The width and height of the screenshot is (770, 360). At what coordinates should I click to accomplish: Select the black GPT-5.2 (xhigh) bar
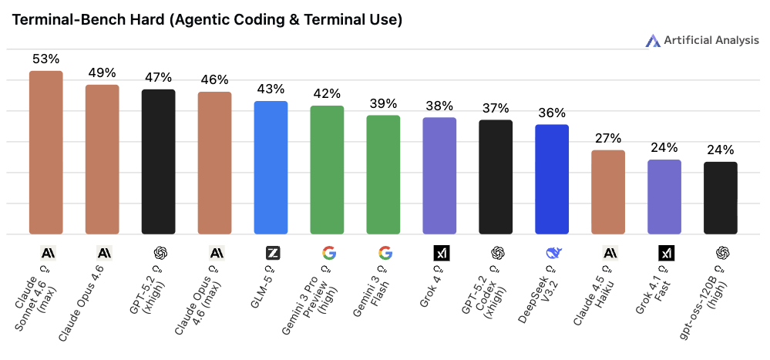[x=159, y=162]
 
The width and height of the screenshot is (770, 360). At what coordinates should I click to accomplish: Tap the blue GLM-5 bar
[x=271, y=167]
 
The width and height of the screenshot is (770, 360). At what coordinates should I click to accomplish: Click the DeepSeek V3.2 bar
[x=552, y=179]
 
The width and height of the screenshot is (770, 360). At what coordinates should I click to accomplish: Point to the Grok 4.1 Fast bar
[x=664, y=197]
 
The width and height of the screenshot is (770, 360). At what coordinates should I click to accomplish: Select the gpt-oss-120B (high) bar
[x=721, y=198]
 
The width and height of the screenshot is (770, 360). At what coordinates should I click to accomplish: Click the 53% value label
[x=46, y=59]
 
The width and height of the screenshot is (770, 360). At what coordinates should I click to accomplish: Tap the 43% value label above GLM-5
[x=271, y=89]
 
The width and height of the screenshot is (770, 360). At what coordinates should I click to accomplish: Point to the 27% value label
[x=608, y=139]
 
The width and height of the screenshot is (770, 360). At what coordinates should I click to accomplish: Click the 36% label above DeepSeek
[x=552, y=113]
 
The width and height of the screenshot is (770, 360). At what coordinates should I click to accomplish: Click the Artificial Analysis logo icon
[x=653, y=41]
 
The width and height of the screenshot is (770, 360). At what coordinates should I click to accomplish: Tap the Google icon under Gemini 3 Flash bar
[x=384, y=253]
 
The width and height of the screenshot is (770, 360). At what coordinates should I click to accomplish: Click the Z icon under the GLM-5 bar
[x=271, y=253]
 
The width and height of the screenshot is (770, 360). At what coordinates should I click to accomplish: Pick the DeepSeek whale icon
[x=552, y=253]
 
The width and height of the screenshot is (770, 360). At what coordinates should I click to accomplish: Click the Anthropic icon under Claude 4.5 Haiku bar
[x=608, y=253]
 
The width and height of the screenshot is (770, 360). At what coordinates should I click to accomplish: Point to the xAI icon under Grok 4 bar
[x=440, y=253]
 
